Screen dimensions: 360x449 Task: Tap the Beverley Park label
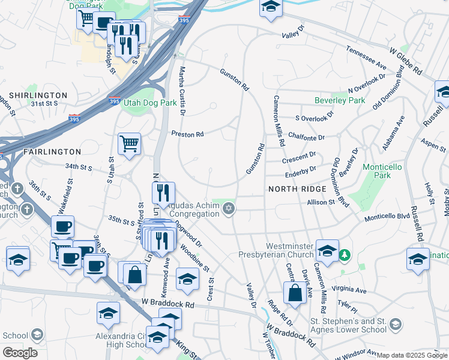click(x=340, y=100)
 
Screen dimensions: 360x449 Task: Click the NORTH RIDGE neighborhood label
click(x=297, y=189)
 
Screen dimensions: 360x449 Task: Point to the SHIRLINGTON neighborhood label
click(x=38, y=95)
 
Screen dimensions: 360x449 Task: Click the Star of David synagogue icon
click(x=228, y=209)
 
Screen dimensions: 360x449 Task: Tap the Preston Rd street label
click(x=187, y=134)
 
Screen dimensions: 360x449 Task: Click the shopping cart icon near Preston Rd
click(x=129, y=144)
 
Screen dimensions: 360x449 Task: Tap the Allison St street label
click(x=321, y=203)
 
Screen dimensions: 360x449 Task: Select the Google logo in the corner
click(x=20, y=353)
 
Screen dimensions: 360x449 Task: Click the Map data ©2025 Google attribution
click(x=412, y=355)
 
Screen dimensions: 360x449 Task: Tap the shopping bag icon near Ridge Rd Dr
click(x=295, y=293)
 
